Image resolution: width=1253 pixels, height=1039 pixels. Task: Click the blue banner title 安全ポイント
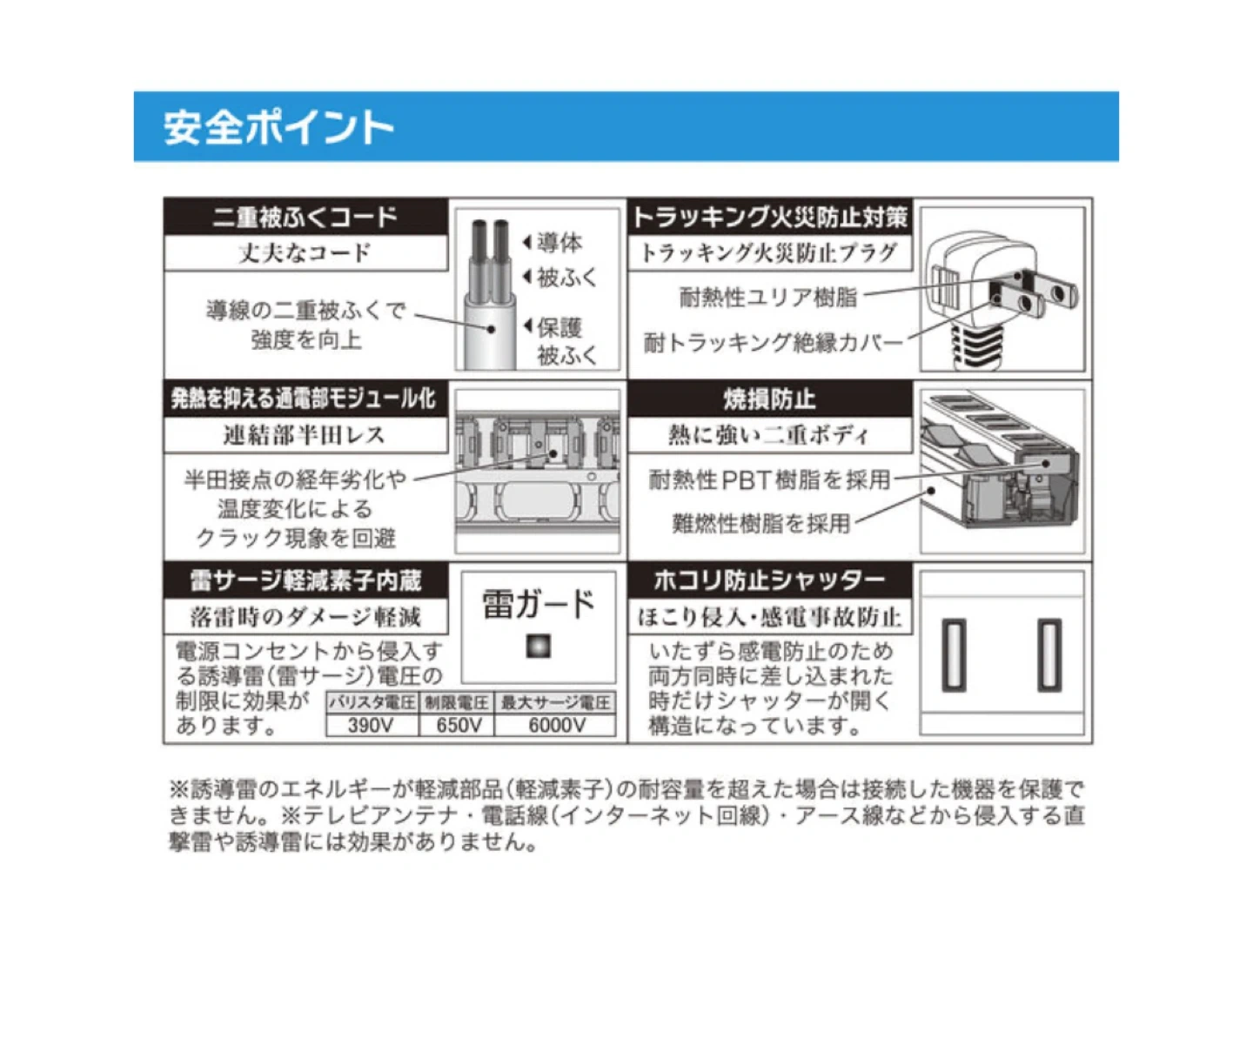[278, 127]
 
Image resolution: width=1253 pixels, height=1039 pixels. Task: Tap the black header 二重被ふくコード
[305, 217]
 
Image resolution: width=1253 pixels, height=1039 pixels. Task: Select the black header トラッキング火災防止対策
[770, 217]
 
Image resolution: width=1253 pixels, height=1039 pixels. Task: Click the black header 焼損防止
[770, 399]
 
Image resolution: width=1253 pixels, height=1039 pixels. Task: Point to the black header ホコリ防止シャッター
[770, 580]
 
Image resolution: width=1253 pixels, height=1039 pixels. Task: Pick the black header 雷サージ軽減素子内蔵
[305, 580]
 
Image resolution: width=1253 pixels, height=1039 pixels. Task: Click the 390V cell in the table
[371, 725]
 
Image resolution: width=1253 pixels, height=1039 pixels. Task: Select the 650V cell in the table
[459, 725]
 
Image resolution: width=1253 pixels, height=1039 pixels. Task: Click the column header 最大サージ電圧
[556, 702]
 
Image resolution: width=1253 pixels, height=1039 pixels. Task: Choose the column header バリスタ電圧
[372, 702]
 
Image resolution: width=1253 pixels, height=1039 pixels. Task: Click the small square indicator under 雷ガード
[538, 647]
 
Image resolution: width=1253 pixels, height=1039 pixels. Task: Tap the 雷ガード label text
[538, 604]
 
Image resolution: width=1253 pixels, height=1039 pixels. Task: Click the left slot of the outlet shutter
[954, 655]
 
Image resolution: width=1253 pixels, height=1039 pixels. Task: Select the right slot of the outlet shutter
[1049, 655]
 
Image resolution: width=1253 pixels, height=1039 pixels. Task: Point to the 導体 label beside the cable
[559, 243]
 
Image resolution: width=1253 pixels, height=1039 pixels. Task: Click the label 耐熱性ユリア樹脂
[768, 297]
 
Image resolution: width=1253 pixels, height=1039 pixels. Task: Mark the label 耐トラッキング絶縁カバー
[773, 343]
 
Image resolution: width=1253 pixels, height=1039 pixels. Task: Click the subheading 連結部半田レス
[305, 434]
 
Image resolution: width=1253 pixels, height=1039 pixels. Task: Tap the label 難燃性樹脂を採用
[761, 523]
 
